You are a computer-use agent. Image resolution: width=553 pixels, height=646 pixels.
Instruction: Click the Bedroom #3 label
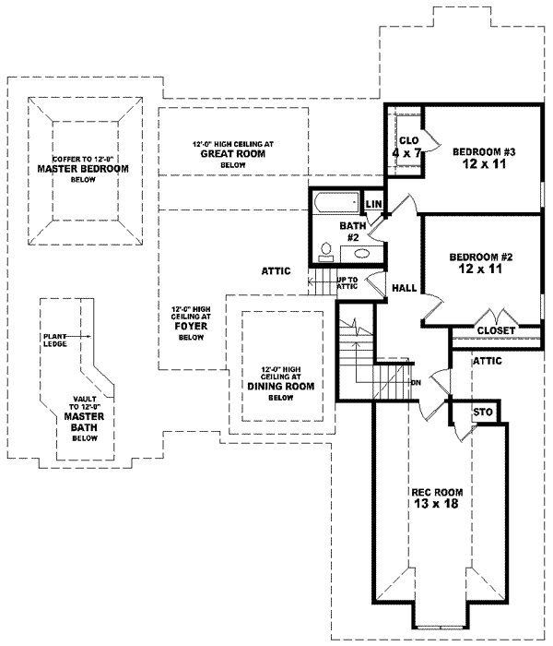click(488, 151)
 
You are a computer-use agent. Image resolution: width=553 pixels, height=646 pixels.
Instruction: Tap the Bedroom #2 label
click(480, 257)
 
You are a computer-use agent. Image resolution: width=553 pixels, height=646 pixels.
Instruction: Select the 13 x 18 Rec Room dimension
click(436, 505)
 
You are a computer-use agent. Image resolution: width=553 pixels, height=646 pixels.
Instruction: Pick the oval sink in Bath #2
click(361, 252)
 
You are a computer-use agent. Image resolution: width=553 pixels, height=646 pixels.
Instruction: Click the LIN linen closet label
click(374, 204)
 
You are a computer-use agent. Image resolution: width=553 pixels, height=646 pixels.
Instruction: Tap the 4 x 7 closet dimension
click(406, 153)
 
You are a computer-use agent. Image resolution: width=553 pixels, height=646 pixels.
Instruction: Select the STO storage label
click(480, 412)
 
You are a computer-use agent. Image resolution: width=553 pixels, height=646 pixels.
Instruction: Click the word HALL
click(404, 288)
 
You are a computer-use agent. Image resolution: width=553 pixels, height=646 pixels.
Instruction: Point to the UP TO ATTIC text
click(346, 282)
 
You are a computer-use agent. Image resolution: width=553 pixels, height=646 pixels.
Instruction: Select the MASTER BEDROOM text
click(83, 170)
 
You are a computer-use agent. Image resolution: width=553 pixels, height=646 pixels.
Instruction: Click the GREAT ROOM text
click(233, 154)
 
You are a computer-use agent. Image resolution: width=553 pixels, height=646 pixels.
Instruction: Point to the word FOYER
click(191, 326)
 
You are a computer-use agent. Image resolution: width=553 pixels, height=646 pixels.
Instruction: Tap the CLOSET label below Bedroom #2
click(496, 329)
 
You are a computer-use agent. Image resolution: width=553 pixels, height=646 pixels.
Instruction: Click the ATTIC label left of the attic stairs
click(276, 271)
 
